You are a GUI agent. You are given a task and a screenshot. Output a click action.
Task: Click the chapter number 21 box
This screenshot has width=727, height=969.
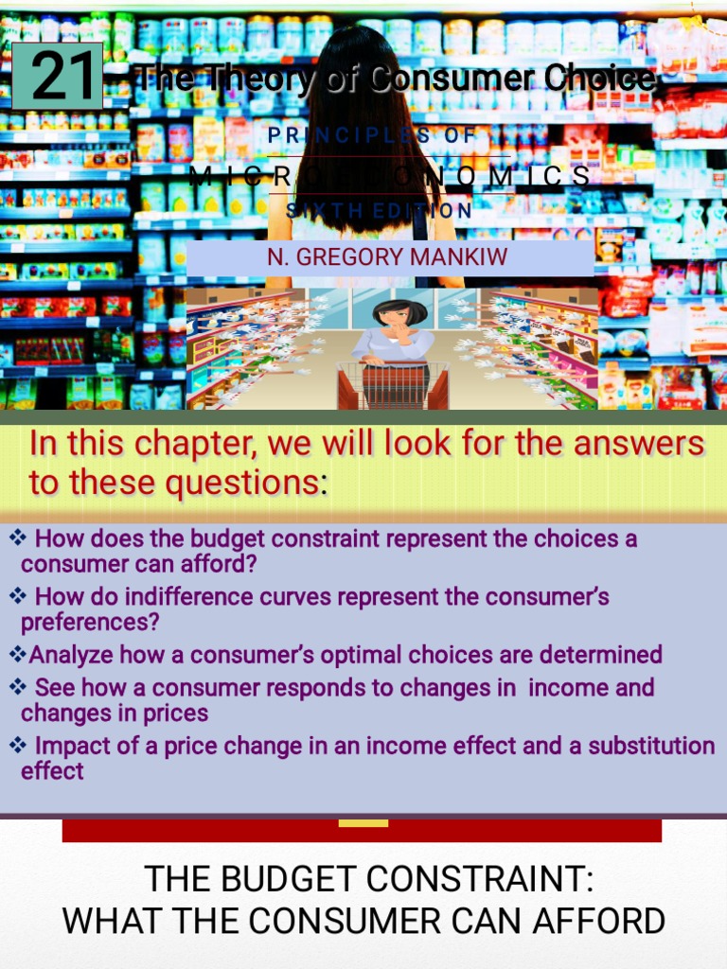(x=57, y=77)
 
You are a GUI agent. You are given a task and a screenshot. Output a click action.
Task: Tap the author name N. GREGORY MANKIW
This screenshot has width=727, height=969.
(x=387, y=256)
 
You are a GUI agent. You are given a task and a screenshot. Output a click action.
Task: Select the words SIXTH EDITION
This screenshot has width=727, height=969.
(x=379, y=211)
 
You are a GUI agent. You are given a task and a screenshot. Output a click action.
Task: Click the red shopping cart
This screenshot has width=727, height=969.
(x=393, y=386)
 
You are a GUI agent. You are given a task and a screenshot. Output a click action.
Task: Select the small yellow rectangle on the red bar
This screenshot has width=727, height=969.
(x=363, y=823)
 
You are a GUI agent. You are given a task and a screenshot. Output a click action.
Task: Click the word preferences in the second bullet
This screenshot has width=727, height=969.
(x=90, y=623)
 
